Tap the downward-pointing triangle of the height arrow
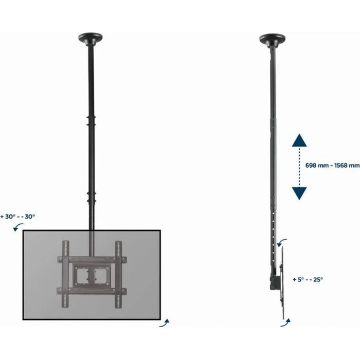[299, 192]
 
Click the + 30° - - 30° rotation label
[19, 217]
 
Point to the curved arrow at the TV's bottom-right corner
[165, 323]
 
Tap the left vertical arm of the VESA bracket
[65, 271]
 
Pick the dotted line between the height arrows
[299, 166]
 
